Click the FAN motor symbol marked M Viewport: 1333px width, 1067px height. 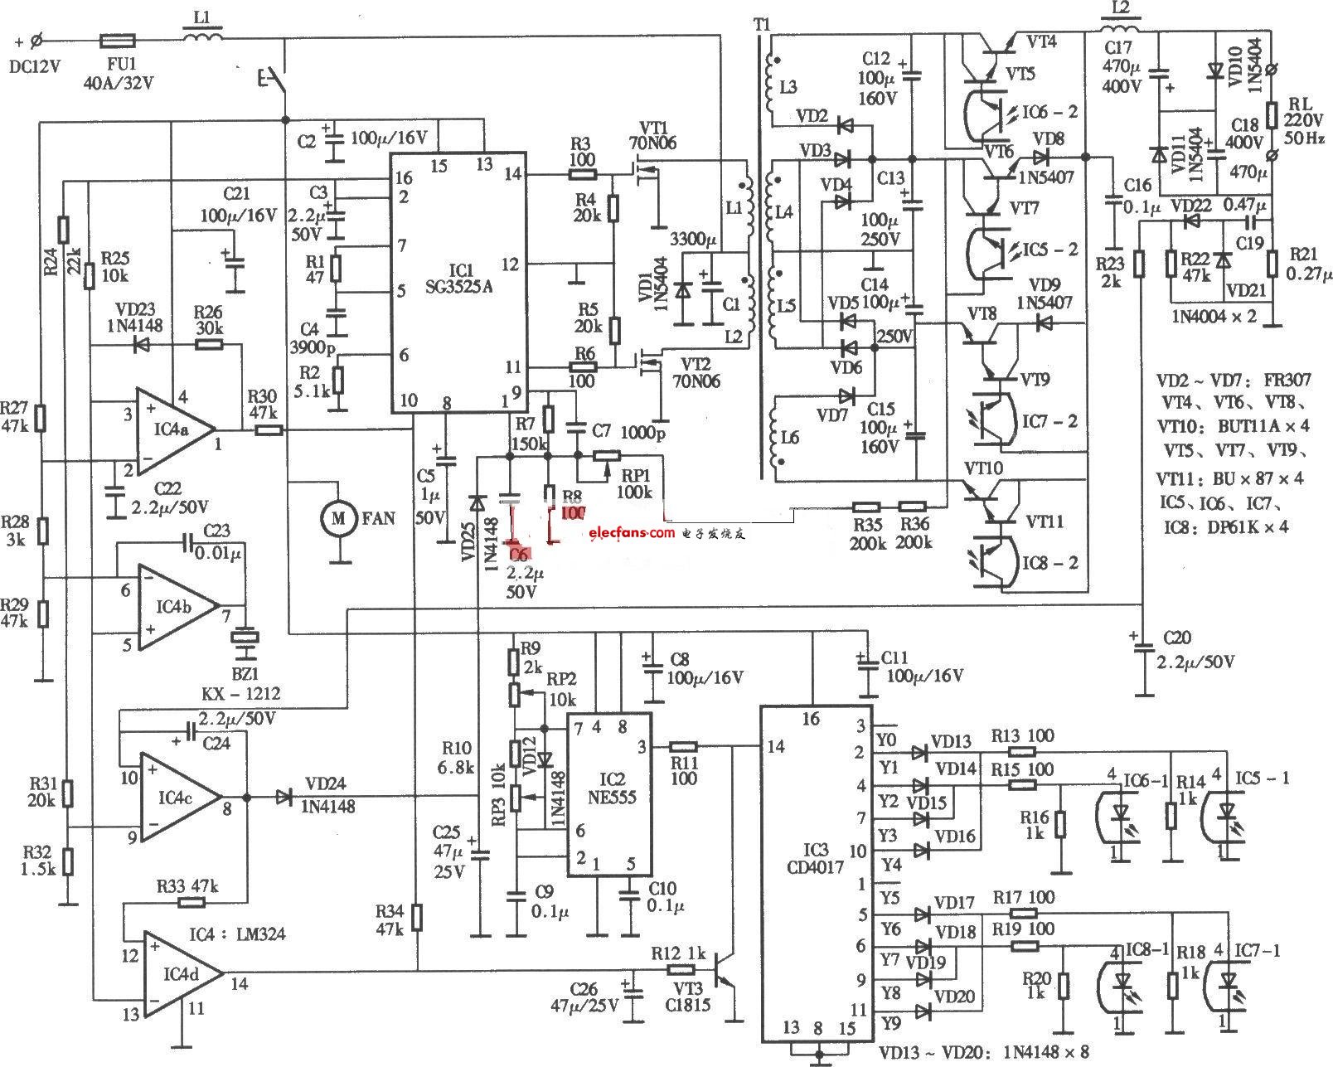(x=337, y=518)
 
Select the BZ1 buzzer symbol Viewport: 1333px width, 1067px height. (x=246, y=638)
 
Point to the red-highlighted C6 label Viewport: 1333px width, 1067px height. (x=520, y=553)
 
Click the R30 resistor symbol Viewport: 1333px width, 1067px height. (x=269, y=430)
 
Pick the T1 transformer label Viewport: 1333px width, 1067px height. (x=762, y=25)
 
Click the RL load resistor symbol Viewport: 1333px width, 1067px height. (x=1274, y=114)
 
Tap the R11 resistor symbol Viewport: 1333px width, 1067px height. (x=683, y=746)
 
